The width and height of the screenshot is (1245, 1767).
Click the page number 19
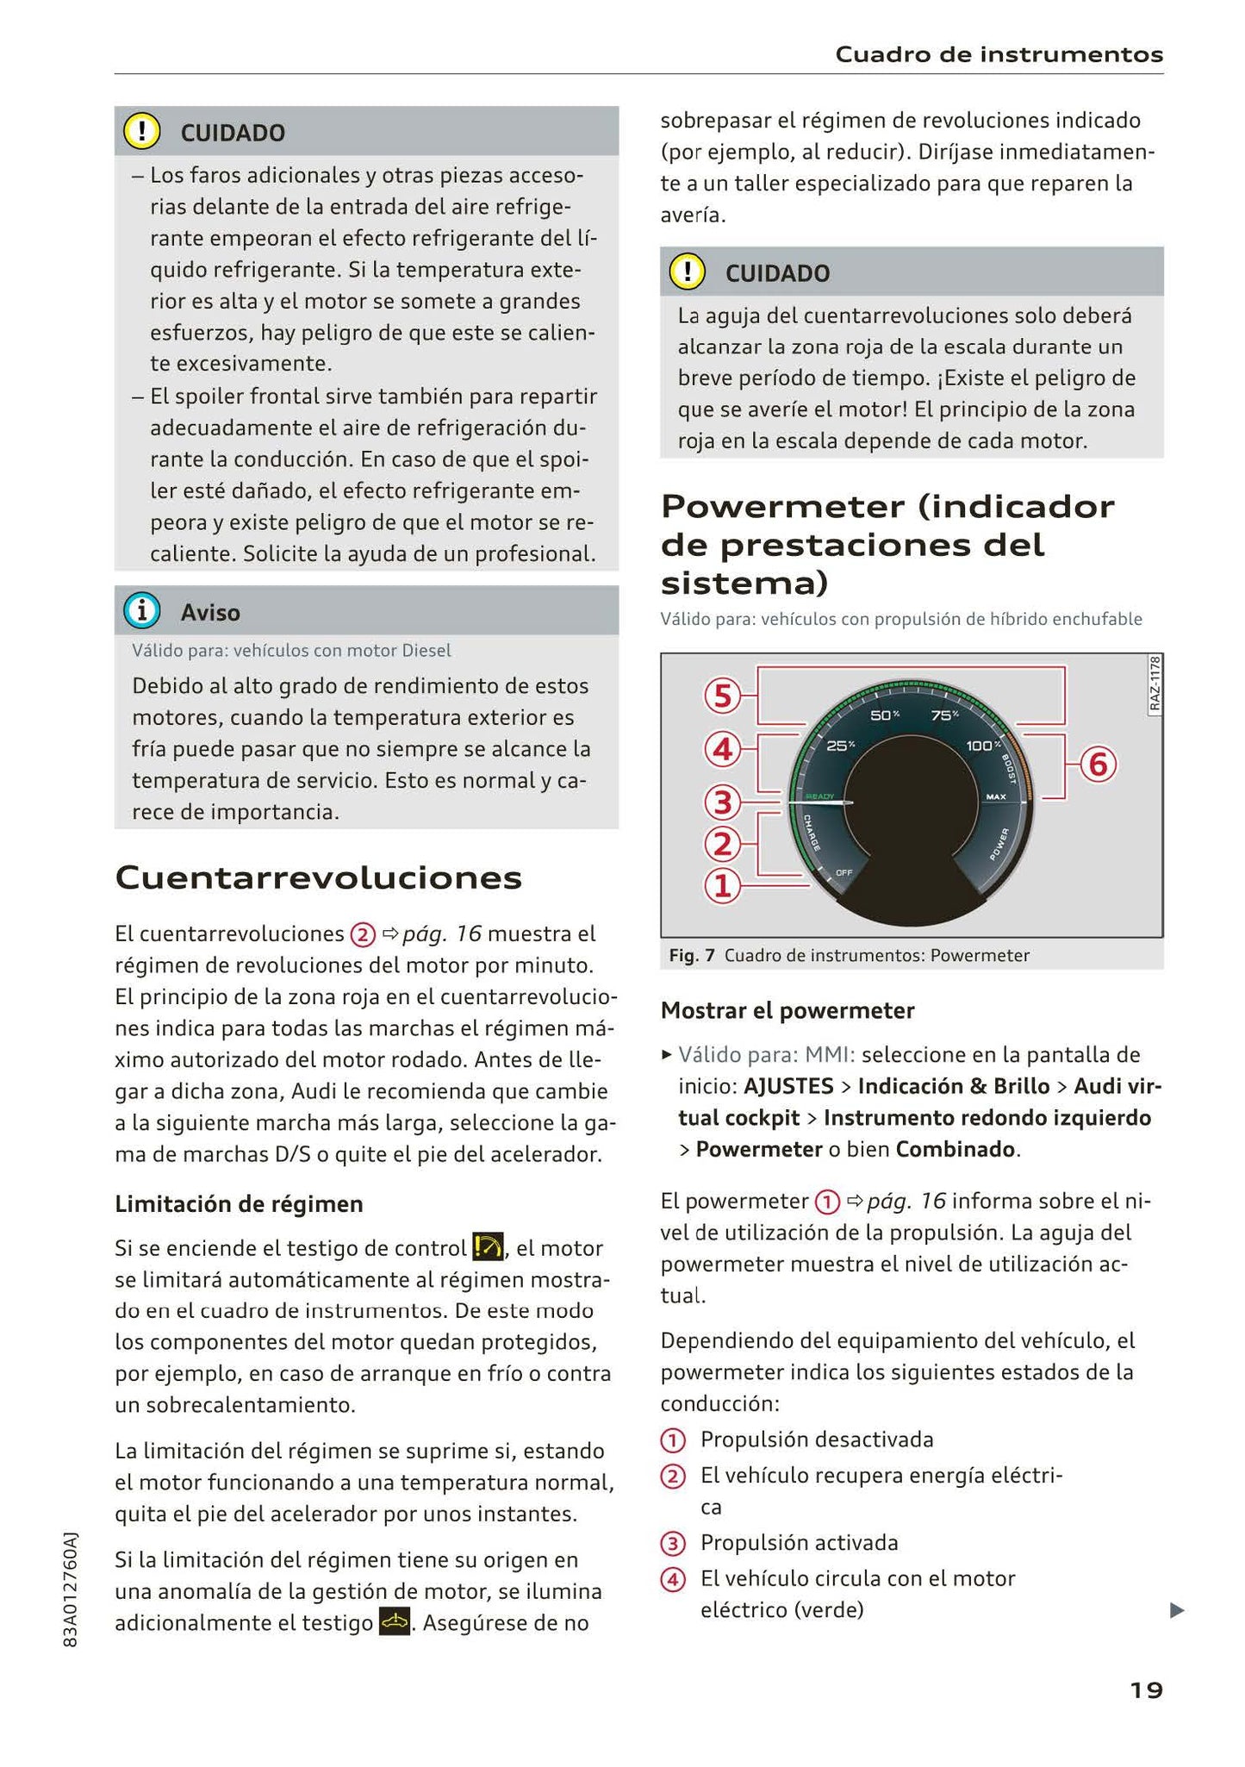[1145, 1690]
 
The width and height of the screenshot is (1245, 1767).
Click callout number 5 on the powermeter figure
[723, 696]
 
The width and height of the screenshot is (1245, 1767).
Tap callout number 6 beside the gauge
[1098, 765]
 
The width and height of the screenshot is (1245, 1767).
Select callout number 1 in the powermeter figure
[723, 885]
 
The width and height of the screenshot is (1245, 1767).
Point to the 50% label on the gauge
[884, 715]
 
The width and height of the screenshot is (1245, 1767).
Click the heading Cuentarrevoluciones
[319, 878]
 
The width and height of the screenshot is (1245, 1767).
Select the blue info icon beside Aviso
[141, 611]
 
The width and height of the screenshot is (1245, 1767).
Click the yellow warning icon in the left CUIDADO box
[141, 131]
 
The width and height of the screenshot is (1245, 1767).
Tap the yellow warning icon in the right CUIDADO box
[687, 272]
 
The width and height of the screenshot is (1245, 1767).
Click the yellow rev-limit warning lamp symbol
[488, 1247]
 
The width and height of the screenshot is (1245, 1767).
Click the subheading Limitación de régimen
[239, 1204]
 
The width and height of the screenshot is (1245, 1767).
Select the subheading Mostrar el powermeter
[787, 1010]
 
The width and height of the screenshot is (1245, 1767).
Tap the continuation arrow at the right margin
[1177, 1609]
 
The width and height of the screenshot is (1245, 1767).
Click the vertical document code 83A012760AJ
[71, 1589]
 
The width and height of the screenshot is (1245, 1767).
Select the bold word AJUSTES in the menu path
[787, 1086]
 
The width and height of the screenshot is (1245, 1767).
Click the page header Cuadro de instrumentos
[999, 55]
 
